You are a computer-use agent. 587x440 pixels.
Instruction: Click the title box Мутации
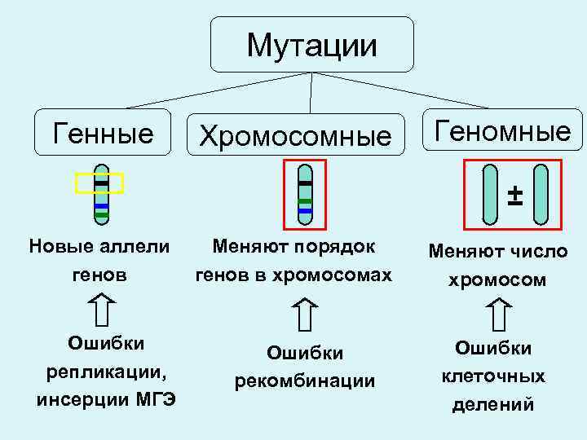pos(312,45)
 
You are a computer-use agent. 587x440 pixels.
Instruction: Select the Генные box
pos(103,131)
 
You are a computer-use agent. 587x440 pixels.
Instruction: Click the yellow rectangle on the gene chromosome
pos(99,183)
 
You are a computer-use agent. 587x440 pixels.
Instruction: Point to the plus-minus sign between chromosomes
pos(514,195)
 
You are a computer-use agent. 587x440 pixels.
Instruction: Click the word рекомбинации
pos(305,381)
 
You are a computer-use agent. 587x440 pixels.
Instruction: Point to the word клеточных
pos(492,376)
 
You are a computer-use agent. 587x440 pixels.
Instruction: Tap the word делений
pos(492,403)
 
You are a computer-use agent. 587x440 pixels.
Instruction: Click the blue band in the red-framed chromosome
pos(305,210)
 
